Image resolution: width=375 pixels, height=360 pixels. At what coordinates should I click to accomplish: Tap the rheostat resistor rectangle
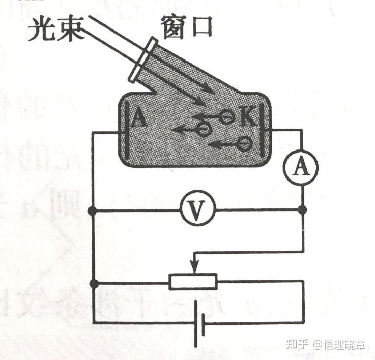pos(193,281)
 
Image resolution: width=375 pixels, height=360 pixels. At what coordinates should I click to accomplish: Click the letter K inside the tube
pos(246,118)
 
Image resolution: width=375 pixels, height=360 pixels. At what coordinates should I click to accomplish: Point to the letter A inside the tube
pos(138,119)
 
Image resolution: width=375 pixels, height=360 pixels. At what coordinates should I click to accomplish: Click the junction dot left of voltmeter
pos(92,210)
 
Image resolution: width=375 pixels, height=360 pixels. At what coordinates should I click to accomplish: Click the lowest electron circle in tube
pos(244,144)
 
